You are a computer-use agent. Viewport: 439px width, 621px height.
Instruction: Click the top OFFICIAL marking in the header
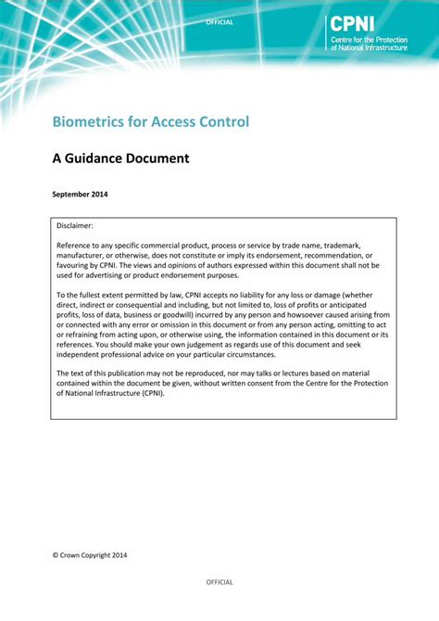tap(219, 22)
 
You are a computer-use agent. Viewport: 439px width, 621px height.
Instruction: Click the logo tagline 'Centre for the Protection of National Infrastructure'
tap(368, 44)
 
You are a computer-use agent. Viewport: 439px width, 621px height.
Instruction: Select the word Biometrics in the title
tap(89, 121)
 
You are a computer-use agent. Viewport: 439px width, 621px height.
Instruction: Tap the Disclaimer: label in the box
tap(76, 225)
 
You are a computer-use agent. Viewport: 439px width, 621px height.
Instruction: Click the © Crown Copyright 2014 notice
tap(90, 555)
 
